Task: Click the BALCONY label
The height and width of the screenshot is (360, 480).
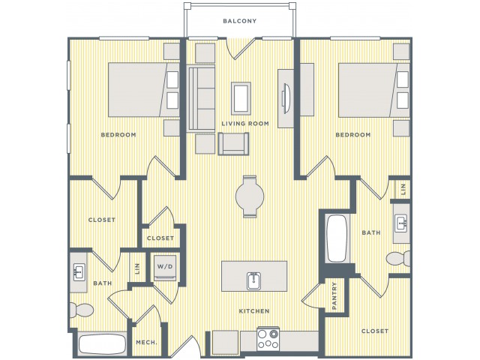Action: click(x=240, y=21)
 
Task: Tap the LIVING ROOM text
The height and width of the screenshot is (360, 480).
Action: click(x=245, y=124)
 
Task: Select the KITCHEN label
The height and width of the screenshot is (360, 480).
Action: click(x=254, y=311)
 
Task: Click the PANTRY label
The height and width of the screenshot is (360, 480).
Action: click(x=334, y=295)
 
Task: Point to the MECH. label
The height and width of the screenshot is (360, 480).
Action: click(x=146, y=342)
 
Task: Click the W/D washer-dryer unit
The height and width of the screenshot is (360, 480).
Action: click(x=165, y=268)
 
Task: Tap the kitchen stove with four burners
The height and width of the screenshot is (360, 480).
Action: click(x=268, y=338)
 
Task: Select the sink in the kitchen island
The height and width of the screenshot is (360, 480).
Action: click(x=254, y=280)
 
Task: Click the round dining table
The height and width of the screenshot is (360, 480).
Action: click(x=250, y=196)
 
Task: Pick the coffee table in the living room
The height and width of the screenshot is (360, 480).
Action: click(x=241, y=98)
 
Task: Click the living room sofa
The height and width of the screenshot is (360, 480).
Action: click(x=201, y=98)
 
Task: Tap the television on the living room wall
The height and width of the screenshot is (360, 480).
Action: click(x=286, y=98)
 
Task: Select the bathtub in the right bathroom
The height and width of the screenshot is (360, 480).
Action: click(x=337, y=238)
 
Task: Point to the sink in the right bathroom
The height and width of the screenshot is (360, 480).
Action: click(x=401, y=223)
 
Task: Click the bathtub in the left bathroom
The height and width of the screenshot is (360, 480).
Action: click(x=102, y=344)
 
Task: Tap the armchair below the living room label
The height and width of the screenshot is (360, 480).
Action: click(x=233, y=144)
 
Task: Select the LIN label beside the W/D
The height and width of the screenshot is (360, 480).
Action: click(x=137, y=268)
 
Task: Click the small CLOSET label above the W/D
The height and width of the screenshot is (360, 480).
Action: click(x=160, y=238)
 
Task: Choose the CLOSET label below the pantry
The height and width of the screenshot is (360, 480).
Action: click(x=375, y=331)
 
